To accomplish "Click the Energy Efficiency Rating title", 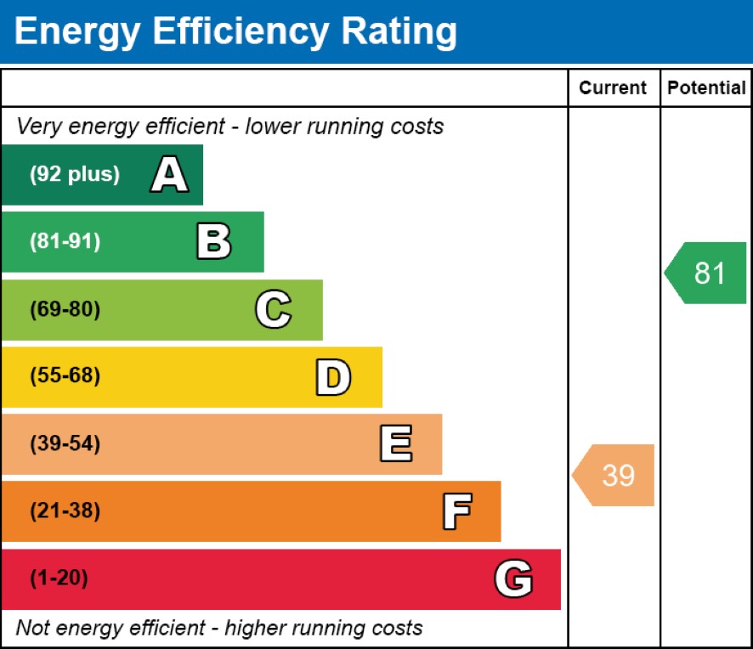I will click(x=235, y=31).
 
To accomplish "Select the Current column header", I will click(x=613, y=87).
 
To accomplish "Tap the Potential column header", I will click(x=706, y=87).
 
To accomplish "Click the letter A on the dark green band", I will click(x=169, y=175).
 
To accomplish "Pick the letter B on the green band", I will click(x=213, y=242).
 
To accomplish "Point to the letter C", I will click(x=273, y=310).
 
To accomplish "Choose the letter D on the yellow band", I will click(x=333, y=377).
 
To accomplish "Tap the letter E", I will click(x=395, y=444).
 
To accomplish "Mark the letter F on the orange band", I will click(x=456, y=511).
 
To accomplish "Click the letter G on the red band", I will click(x=513, y=579).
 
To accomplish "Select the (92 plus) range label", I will click(x=75, y=175).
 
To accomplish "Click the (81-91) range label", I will click(x=65, y=242).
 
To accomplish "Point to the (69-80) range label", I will click(x=65, y=310).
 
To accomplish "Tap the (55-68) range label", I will click(x=65, y=376).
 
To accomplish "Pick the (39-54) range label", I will click(x=65, y=444).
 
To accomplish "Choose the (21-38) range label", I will click(x=65, y=511).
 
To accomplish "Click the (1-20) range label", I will click(x=59, y=579).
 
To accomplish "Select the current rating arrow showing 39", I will click(x=615, y=475).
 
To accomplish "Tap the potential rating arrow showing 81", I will click(x=707, y=273).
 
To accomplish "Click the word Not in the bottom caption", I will click(x=31, y=628).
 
